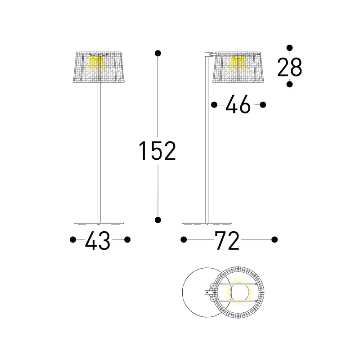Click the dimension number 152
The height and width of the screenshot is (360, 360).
(x=157, y=151)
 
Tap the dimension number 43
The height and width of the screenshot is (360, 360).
(x=98, y=240)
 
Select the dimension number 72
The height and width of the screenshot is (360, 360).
(x=227, y=240)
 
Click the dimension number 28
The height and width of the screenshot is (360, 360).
(x=289, y=67)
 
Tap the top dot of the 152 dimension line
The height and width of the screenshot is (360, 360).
(x=158, y=54)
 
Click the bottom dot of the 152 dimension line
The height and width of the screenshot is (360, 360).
(x=158, y=220)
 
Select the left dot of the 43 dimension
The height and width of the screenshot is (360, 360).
(x=73, y=240)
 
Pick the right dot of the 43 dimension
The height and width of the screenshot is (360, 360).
(x=127, y=240)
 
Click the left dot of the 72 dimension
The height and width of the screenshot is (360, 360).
(x=184, y=240)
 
